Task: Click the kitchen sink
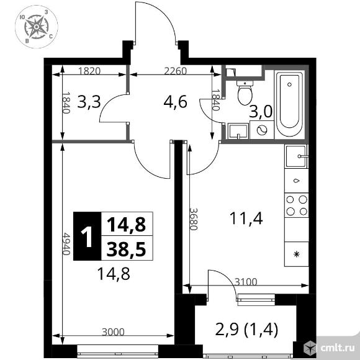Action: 296,156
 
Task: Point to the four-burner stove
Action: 296,205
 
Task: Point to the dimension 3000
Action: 114,332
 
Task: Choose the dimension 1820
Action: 91,71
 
